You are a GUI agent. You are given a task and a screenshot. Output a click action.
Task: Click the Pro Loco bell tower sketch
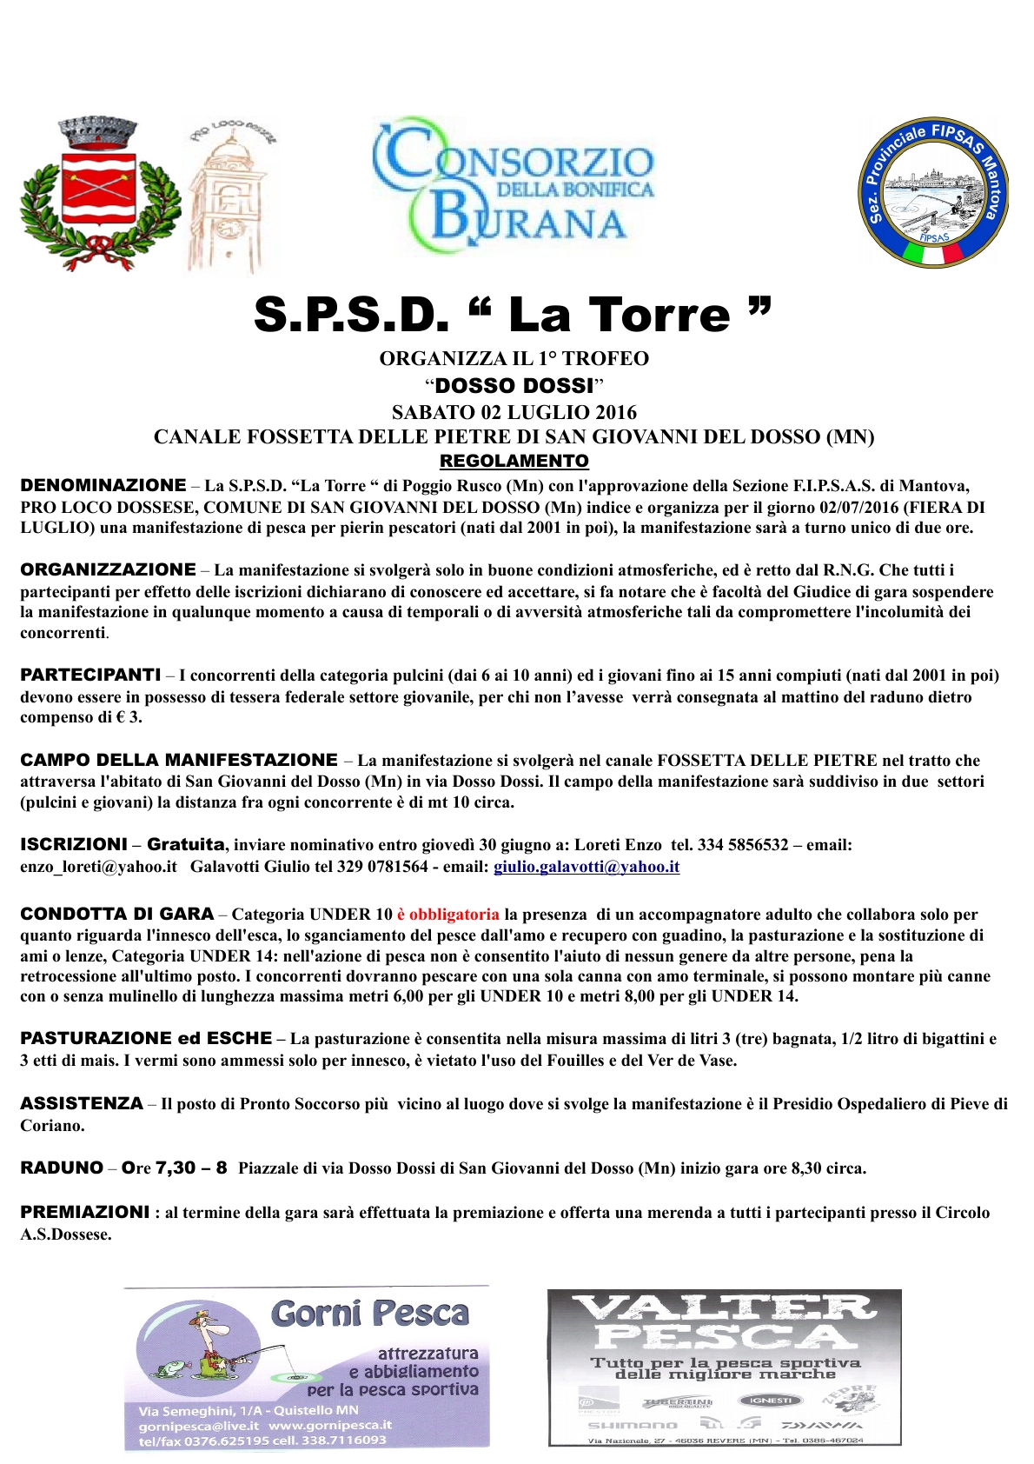pyautogui.click(x=225, y=195)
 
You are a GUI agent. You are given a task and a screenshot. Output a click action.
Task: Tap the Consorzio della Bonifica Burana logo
pyautogui.click(x=513, y=189)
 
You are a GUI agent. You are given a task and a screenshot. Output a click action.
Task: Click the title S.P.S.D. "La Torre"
pyautogui.click(x=513, y=315)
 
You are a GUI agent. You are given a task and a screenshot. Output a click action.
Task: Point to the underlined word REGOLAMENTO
pyautogui.click(x=514, y=461)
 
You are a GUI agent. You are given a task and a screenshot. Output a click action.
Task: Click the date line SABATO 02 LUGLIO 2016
pyautogui.click(x=514, y=412)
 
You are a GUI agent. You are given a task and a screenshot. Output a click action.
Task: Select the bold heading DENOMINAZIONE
pyautogui.click(x=103, y=485)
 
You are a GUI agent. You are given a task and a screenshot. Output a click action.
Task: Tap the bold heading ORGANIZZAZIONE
pyautogui.click(x=109, y=569)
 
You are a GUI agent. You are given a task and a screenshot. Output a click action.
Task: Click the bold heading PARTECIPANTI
pyautogui.click(x=90, y=675)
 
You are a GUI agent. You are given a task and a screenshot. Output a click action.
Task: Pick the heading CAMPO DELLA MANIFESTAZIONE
pyautogui.click(x=179, y=760)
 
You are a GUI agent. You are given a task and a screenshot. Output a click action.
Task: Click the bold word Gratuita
pyautogui.click(x=186, y=844)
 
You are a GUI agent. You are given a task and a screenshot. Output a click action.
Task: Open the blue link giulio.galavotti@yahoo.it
pyautogui.click(x=587, y=867)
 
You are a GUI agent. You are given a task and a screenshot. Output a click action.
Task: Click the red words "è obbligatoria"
pyautogui.click(x=447, y=915)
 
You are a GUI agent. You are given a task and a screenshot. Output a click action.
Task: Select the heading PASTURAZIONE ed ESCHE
pyautogui.click(x=146, y=1038)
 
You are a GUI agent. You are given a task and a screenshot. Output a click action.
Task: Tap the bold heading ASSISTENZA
pyautogui.click(x=82, y=1103)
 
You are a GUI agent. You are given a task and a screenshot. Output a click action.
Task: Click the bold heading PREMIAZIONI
pyautogui.click(x=85, y=1212)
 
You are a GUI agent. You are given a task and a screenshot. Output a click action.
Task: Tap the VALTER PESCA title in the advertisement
pyautogui.click(x=724, y=1321)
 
